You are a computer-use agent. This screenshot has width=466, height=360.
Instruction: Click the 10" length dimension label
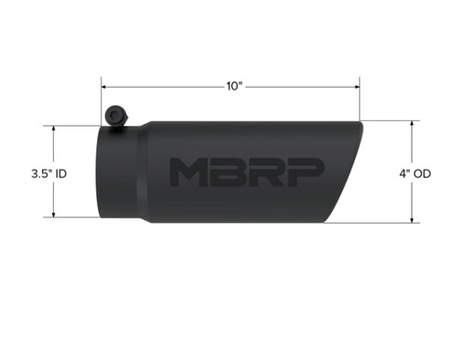[232, 86]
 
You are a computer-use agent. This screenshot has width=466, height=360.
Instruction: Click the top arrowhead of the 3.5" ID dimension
[55, 129]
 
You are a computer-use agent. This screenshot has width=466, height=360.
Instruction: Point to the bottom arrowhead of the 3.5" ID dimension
[55, 216]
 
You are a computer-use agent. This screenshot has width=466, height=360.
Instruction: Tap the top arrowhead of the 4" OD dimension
[410, 122]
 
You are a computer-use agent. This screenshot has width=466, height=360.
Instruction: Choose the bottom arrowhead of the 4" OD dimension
[410, 222]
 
